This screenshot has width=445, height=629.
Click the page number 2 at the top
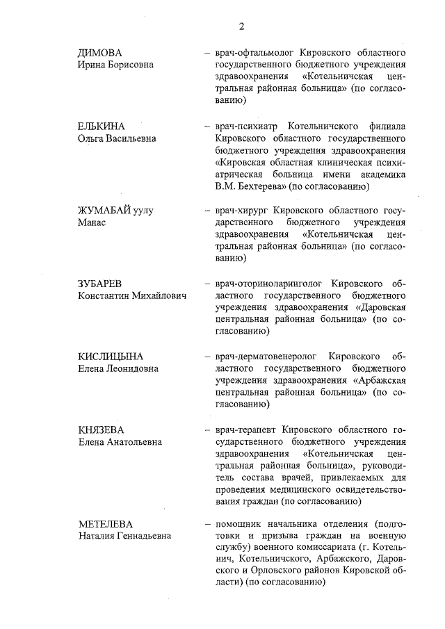point(241,26)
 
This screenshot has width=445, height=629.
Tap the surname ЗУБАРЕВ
point(101,284)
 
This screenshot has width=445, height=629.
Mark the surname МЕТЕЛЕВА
point(105,523)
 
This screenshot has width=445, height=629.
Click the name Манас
point(91,222)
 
